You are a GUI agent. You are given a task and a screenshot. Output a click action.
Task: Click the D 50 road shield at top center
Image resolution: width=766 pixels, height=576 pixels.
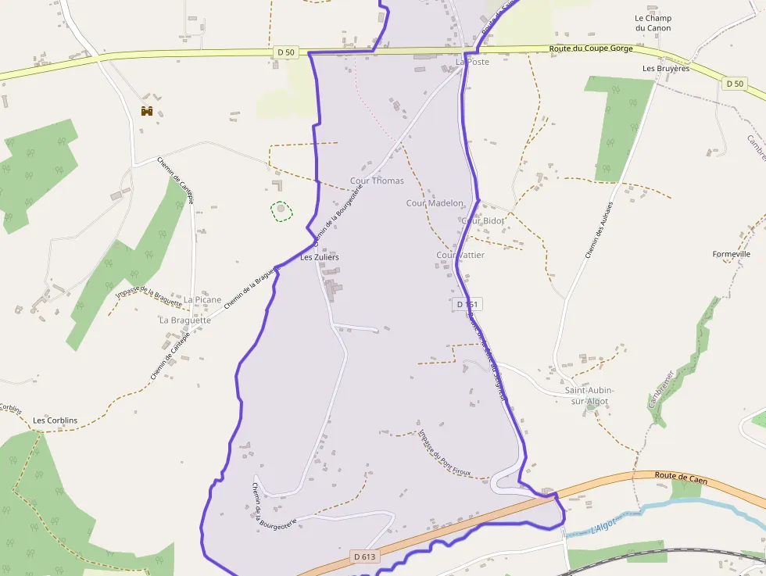(x=286, y=52)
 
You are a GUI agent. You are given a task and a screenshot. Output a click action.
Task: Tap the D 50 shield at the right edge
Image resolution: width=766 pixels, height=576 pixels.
(x=734, y=83)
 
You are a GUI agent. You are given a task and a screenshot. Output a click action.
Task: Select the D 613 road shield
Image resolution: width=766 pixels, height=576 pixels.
(x=364, y=556)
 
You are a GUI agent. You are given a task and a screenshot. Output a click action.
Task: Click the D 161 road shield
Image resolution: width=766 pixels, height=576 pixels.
(x=466, y=304)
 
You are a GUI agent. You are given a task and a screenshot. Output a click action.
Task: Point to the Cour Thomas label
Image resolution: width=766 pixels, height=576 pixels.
(x=377, y=181)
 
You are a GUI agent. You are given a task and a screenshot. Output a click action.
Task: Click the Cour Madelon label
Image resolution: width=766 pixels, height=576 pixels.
(x=435, y=203)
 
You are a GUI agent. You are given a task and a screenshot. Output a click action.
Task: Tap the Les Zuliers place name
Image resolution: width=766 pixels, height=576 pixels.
(x=320, y=256)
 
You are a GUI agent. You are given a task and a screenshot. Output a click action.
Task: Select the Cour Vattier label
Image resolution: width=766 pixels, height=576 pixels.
(x=460, y=255)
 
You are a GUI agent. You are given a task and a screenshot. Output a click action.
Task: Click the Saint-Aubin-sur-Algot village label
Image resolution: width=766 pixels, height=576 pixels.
(x=589, y=395)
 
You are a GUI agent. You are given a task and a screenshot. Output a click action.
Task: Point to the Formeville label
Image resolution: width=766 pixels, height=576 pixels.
(x=731, y=254)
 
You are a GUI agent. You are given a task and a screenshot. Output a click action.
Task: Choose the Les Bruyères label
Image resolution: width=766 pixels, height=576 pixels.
(x=666, y=68)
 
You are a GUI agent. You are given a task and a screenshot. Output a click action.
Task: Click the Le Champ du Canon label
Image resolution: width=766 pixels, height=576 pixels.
(x=653, y=23)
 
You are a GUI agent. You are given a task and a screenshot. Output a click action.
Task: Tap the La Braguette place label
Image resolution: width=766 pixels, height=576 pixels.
(x=185, y=320)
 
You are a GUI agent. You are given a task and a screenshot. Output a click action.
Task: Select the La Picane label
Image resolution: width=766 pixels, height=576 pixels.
(x=202, y=299)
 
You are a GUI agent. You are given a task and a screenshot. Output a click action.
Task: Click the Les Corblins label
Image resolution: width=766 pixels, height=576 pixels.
(x=55, y=420)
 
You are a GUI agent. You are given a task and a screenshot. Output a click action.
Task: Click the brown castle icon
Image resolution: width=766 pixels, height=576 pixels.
(x=146, y=111)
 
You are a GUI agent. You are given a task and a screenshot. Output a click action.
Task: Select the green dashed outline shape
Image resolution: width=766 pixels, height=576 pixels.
(x=281, y=209)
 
